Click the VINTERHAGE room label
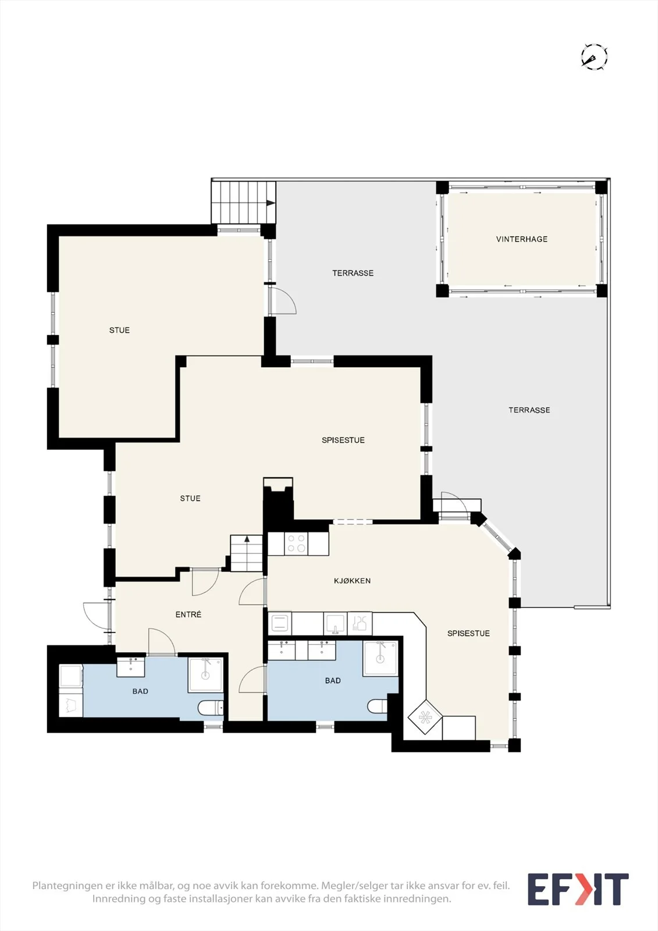click(x=522, y=239)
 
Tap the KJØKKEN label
click(x=352, y=581)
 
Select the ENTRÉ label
click(x=188, y=614)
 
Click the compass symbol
click(x=595, y=56)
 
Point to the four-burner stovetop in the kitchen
click(x=296, y=543)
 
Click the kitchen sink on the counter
click(x=335, y=624)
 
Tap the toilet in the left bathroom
click(x=211, y=708)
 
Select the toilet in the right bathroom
click(x=377, y=705)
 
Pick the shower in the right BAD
click(x=380, y=658)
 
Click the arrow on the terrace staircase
click(x=271, y=203)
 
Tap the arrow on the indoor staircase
click(x=247, y=539)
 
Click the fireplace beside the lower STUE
click(x=278, y=499)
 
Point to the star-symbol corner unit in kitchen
click(x=425, y=717)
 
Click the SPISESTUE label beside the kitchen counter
click(x=468, y=634)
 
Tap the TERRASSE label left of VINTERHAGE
click(x=353, y=273)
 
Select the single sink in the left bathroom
click(x=130, y=667)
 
